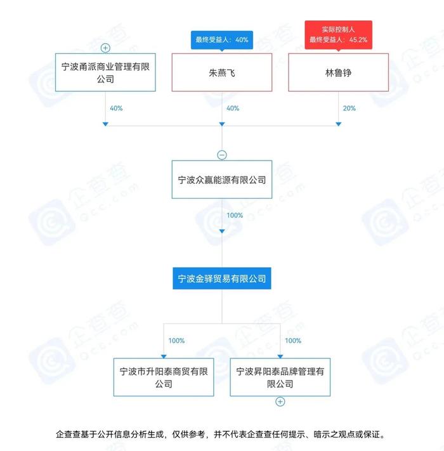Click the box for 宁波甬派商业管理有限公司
pos(105,72)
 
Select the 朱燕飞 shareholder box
pos(222,72)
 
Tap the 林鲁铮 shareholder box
pos(339,72)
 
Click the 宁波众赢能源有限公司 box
pos(222,180)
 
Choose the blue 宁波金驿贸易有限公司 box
pos(222,278)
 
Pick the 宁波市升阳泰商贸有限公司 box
pos(164,377)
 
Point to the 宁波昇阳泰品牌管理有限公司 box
pos(280,377)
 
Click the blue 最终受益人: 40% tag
pos(222,40)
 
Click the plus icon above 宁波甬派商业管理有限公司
pos(105,48)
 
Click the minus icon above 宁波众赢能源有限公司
pos(222,155)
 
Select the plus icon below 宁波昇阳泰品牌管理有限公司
pos(280,402)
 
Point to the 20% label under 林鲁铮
pos(349,108)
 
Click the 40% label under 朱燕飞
pos(233,108)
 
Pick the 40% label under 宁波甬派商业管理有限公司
pos(116,108)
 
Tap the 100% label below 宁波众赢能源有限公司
pos(235,216)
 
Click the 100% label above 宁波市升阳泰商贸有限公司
pos(176,341)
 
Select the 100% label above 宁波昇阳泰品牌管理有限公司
pos(293,341)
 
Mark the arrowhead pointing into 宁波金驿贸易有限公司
pos(222,232)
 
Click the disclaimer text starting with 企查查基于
pos(220,434)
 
